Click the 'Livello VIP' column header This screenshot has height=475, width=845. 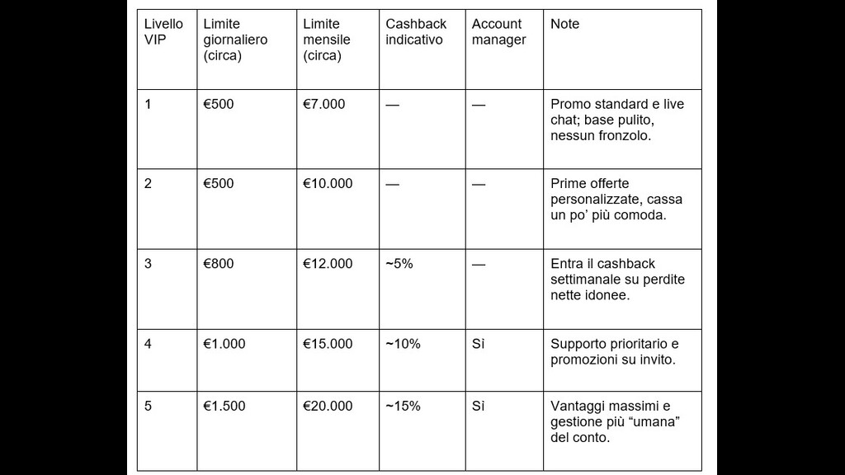coord(163,31)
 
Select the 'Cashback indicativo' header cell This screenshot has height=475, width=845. coord(416,31)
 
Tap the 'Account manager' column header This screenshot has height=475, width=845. coord(498,31)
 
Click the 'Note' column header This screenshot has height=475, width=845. coord(564,24)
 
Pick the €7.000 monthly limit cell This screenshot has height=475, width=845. coord(324,105)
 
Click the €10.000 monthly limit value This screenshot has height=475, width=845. coord(328,184)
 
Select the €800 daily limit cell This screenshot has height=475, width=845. coord(219,264)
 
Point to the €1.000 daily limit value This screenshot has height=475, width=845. coord(224,344)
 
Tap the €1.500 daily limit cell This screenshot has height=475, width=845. coord(224,407)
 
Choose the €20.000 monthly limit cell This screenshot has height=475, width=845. coord(328,407)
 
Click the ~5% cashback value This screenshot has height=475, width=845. coord(399,264)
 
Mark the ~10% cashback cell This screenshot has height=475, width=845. coord(403,344)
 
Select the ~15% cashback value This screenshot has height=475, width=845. coord(403,407)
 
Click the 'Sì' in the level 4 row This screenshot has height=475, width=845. coord(479,344)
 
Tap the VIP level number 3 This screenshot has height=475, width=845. coord(149,264)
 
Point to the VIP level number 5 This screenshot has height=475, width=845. coord(149,407)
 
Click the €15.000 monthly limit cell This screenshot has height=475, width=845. coord(328,344)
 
